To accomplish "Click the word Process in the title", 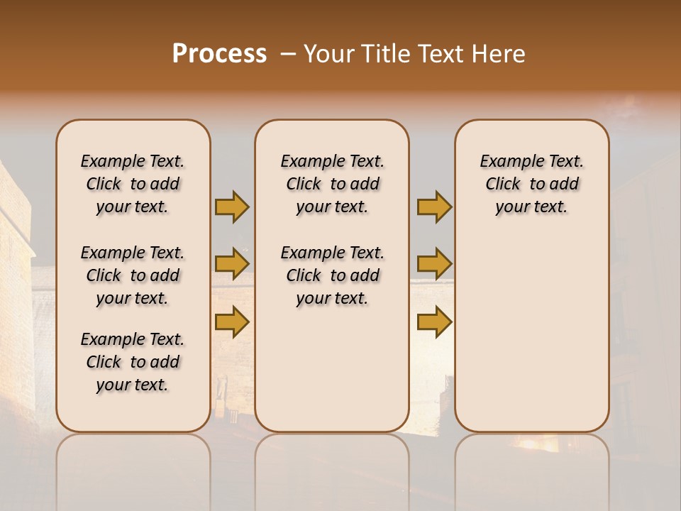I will (x=219, y=54).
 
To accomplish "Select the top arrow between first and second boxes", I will (x=232, y=207).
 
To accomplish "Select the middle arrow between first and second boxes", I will (x=232, y=265).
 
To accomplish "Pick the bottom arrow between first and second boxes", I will (x=232, y=322).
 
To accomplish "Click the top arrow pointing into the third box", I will (x=434, y=207).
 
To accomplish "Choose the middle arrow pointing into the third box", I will (x=434, y=265).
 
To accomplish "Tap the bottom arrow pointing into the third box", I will (x=434, y=322).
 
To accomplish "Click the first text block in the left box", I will (x=133, y=184).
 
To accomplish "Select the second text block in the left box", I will (x=133, y=275).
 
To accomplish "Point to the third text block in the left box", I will (x=133, y=362).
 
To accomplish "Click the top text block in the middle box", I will (x=332, y=184).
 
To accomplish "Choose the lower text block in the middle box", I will (x=332, y=275).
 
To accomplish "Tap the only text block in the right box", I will (x=531, y=184).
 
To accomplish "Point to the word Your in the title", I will (x=328, y=54).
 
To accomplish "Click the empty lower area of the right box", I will (x=531, y=334).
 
